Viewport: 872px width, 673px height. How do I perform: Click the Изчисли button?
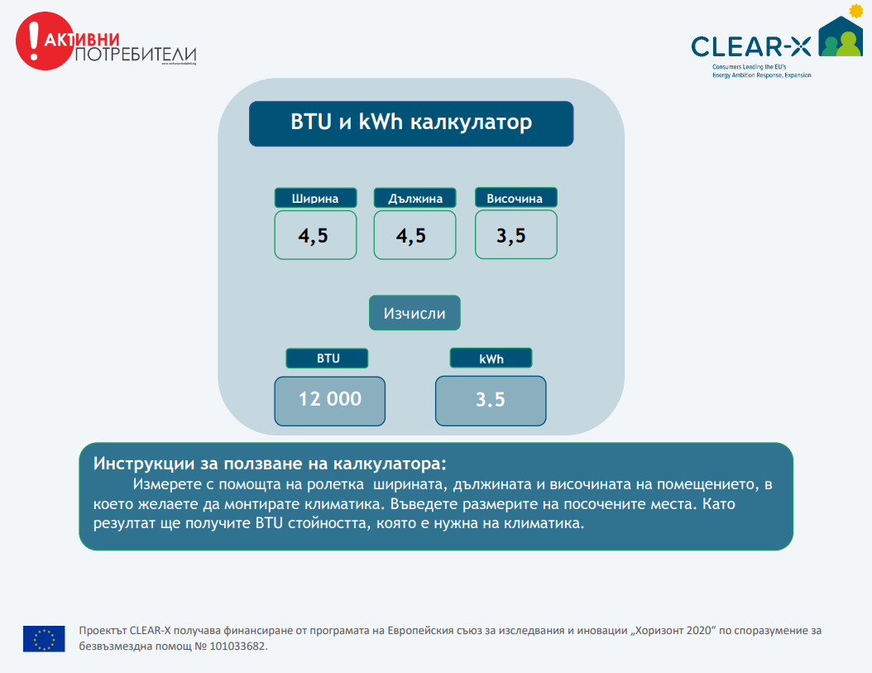tap(414, 313)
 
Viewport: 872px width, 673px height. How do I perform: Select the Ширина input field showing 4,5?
tap(315, 235)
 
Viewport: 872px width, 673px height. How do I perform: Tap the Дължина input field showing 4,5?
tap(414, 235)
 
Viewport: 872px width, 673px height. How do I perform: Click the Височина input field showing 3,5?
tap(516, 234)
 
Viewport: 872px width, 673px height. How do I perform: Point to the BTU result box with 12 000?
tap(330, 401)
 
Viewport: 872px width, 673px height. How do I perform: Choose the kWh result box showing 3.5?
tap(491, 401)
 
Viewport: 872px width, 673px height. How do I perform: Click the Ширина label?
tap(315, 198)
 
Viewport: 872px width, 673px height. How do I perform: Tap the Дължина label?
tap(414, 198)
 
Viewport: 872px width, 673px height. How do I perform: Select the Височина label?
tap(516, 198)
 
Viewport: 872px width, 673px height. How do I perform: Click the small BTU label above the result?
tap(327, 358)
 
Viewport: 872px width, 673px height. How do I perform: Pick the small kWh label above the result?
tap(491, 358)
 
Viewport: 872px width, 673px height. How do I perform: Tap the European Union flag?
tap(44, 638)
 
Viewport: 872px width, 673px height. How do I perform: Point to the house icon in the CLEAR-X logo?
tap(841, 36)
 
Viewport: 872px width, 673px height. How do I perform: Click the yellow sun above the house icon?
tap(856, 10)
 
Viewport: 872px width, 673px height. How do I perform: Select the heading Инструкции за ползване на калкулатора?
tap(270, 463)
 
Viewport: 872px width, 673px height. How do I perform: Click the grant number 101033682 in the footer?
tap(238, 647)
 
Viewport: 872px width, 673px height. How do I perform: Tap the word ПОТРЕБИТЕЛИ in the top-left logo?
tap(136, 55)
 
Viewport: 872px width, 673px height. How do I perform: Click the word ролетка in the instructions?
tap(338, 484)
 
